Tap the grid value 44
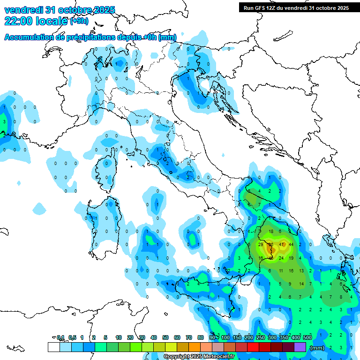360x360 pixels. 291,244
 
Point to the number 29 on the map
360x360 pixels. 261,244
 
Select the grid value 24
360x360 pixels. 281,258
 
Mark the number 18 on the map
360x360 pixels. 271,232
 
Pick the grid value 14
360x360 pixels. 301,284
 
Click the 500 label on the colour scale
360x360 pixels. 307,337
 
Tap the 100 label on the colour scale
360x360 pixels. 225,337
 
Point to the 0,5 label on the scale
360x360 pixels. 72,337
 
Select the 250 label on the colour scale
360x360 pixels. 261,337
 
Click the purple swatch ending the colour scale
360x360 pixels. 300,347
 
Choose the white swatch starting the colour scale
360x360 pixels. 53,347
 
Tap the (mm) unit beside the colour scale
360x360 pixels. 317,348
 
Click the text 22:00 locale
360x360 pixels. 36,21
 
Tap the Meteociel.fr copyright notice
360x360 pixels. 199,357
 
